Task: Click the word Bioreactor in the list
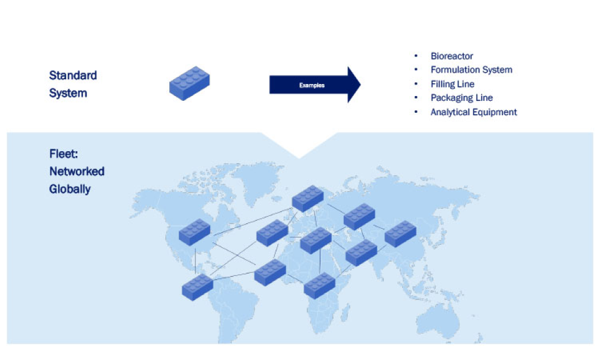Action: click(452, 56)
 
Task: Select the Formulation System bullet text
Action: click(471, 70)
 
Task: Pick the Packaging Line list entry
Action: click(461, 98)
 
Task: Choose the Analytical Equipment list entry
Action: click(473, 112)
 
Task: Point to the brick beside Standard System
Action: click(189, 83)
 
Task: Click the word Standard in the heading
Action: click(73, 76)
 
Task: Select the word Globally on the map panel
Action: click(70, 189)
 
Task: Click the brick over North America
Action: click(194, 232)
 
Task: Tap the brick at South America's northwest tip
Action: click(197, 287)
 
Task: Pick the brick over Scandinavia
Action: click(308, 199)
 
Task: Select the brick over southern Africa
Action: click(319, 285)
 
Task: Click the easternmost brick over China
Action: click(400, 233)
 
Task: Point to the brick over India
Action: click(361, 253)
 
